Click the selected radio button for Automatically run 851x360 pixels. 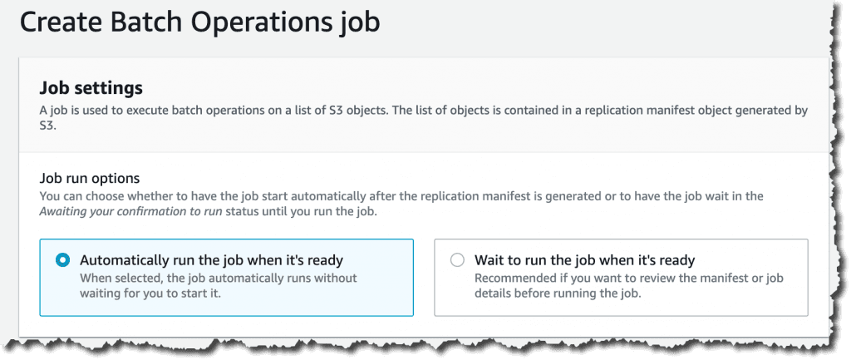63,260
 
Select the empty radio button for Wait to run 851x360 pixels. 458,260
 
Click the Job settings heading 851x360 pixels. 91,87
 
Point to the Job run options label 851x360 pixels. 90,178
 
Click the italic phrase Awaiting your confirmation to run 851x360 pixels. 130,211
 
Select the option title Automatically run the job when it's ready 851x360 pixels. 212,260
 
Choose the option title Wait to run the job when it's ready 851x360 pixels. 584,260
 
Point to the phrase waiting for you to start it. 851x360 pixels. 151,293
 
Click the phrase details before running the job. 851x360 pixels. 558,293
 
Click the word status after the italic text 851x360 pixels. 242,211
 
